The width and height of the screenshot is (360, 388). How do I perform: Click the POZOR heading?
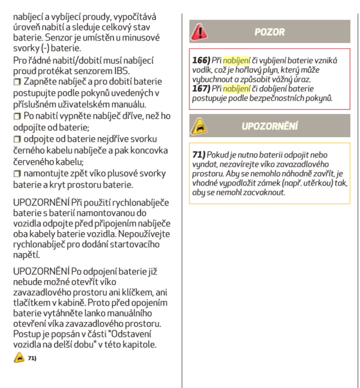pyautogui.click(x=269, y=32)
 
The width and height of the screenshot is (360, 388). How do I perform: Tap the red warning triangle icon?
pyautogui.click(x=200, y=32)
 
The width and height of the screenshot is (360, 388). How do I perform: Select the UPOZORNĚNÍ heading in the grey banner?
pyautogui.click(x=269, y=126)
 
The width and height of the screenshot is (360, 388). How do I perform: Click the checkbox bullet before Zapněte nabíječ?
pyautogui.click(x=17, y=82)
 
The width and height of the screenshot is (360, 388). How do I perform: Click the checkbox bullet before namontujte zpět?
pyautogui.click(x=17, y=173)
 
